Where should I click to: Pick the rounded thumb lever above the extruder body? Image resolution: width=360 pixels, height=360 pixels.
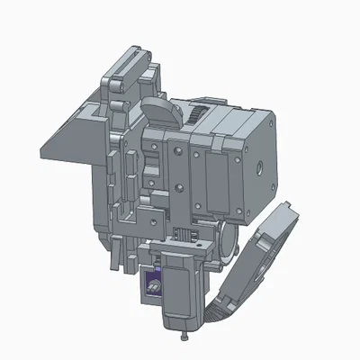(159, 114)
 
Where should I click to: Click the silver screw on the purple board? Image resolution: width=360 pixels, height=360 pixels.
(154, 288)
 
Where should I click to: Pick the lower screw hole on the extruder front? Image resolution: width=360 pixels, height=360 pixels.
(181, 188)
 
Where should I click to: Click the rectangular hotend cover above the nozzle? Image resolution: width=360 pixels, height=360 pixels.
(181, 288)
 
